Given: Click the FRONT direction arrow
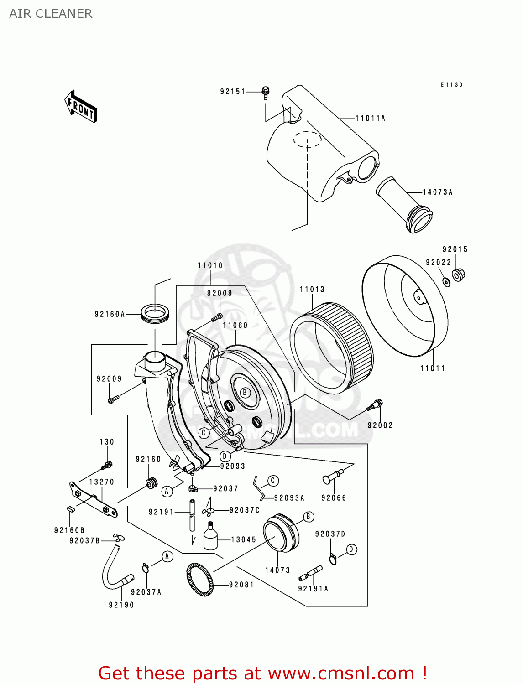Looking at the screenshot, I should [81, 107].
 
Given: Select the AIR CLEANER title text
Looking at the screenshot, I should [51, 14].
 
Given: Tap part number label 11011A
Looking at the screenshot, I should [370, 119].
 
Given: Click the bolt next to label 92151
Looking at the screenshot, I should [266, 92].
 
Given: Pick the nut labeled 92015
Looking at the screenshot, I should [458, 275].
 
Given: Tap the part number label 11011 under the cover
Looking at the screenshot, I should [432, 368].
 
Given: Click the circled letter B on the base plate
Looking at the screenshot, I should [245, 393].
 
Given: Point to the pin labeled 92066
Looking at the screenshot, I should [332, 477].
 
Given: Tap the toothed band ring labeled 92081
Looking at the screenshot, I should [200, 580].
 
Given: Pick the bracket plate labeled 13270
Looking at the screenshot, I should [93, 500].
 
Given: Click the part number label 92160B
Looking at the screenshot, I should [69, 530].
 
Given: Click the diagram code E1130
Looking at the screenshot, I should [451, 85].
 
